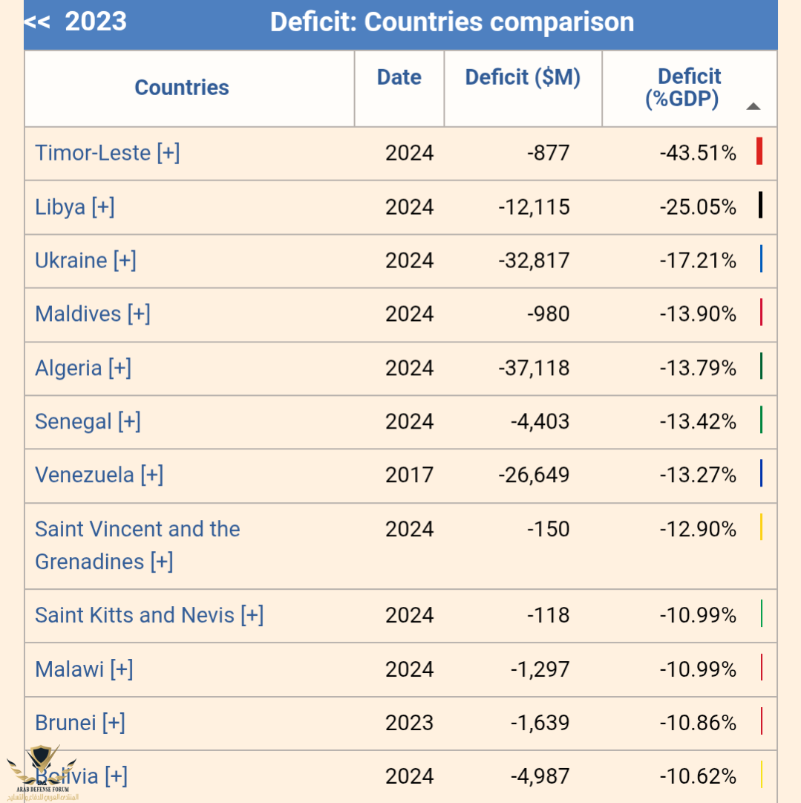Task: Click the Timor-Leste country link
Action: [107, 153]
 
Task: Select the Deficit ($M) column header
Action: [523, 77]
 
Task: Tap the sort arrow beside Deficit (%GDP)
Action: [753, 106]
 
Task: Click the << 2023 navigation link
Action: [75, 22]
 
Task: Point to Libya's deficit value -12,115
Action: [534, 207]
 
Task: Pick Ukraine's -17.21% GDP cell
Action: [697, 261]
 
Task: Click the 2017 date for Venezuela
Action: [409, 475]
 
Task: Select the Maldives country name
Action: [92, 314]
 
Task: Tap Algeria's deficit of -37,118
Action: [534, 368]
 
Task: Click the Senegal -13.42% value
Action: [697, 422]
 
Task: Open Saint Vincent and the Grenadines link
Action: [137, 545]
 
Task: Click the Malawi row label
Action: [83, 669]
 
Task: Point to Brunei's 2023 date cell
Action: [409, 723]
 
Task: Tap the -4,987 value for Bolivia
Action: [540, 776]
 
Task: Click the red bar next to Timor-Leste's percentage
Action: [759, 152]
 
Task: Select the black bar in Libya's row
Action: [760, 205]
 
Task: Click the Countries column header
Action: [182, 88]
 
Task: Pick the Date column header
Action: [399, 77]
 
